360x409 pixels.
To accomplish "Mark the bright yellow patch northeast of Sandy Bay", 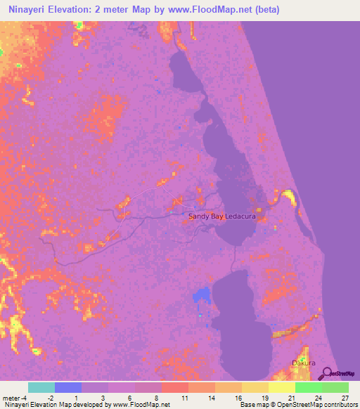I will (288, 196).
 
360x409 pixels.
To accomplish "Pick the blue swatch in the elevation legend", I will (67, 387).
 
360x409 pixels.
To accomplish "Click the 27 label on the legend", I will (344, 398).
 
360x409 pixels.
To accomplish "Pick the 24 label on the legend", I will (319, 398).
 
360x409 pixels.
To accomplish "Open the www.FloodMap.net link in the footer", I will (140, 405).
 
